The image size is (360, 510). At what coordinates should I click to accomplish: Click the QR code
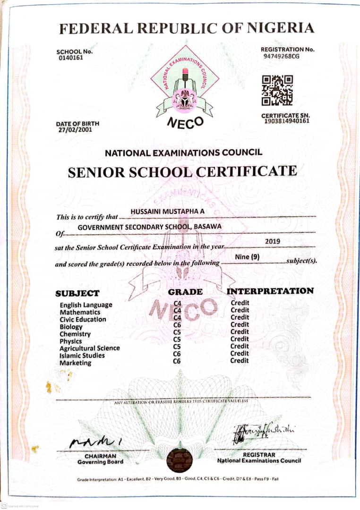[x=277, y=90]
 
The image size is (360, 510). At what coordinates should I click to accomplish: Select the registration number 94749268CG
[x=282, y=56]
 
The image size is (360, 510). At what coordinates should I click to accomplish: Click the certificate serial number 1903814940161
[x=286, y=121]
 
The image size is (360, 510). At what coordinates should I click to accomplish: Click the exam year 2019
[x=273, y=241]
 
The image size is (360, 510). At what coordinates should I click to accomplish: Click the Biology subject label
[x=71, y=327]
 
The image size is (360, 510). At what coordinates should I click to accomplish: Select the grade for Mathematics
[x=178, y=310]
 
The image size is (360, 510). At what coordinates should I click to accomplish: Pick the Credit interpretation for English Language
[x=240, y=303]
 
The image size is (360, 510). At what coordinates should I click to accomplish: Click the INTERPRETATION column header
[x=270, y=291]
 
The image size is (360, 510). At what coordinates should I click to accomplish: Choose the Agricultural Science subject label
[x=89, y=348]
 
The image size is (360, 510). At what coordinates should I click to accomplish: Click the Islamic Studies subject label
[x=82, y=356]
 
